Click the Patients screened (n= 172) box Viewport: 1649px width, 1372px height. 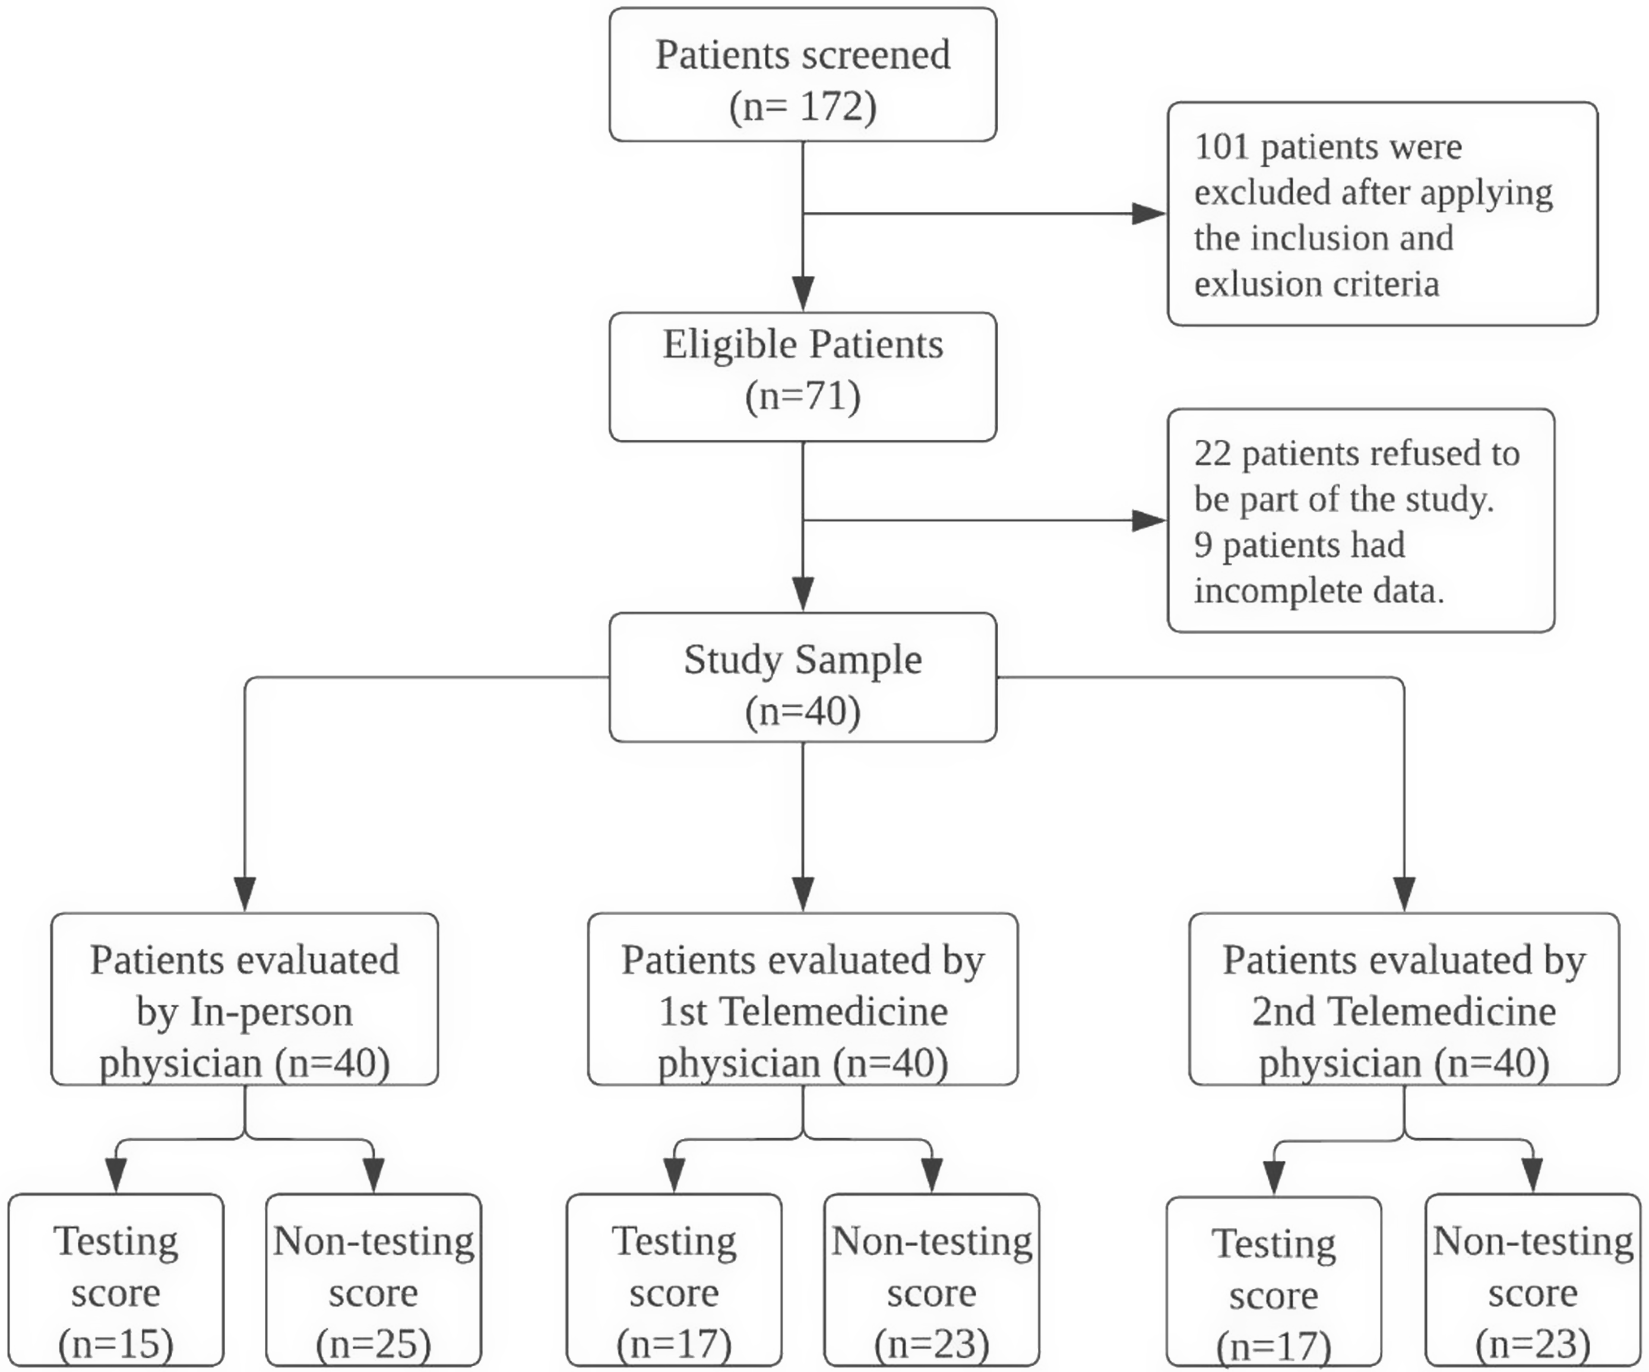click(802, 75)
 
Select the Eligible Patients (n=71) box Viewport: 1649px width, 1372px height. click(802, 377)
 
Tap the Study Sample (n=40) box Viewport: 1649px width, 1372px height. click(802, 677)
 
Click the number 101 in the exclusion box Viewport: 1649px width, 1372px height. click(1221, 147)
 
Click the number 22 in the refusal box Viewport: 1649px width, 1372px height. click(1211, 453)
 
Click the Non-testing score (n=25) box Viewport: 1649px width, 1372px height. click(373, 1281)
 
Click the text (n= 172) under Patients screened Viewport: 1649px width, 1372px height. click(802, 106)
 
